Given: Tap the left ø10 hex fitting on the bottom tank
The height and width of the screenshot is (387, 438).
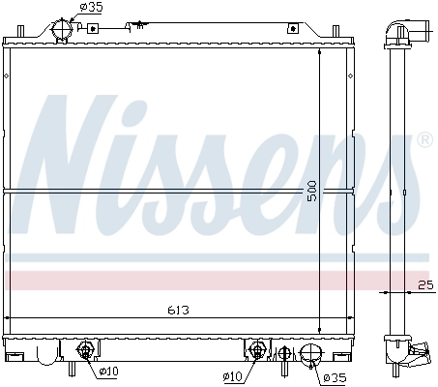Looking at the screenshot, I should (x=85, y=350).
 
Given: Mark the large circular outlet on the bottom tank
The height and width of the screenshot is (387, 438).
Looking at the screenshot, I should (x=310, y=356).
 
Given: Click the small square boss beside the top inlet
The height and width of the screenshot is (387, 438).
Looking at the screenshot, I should (x=93, y=29).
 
